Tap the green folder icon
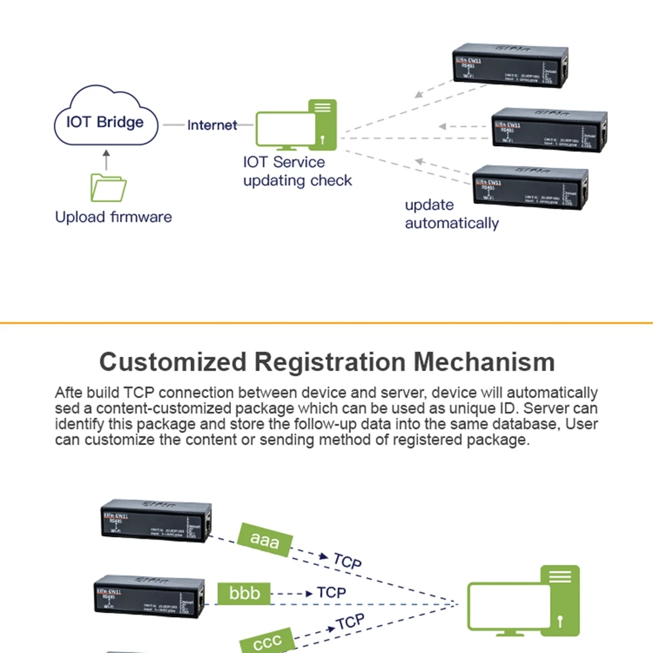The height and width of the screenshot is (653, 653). coord(108,187)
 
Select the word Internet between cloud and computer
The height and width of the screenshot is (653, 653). coord(212,125)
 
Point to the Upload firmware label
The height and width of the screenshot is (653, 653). coord(114,217)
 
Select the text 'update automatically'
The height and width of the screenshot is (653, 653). coord(451,214)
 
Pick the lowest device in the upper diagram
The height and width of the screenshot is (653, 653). coord(530,187)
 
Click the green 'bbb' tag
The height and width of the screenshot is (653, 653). coord(244,593)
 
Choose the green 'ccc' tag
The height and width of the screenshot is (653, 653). coord(267,641)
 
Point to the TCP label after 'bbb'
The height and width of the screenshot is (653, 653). coord(331,592)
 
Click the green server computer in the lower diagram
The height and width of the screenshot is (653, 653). coord(524,600)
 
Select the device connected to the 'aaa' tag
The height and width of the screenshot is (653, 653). coord(156,521)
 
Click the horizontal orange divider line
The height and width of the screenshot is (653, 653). coord(326,322)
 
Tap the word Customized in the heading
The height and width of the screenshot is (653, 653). coord(173,361)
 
